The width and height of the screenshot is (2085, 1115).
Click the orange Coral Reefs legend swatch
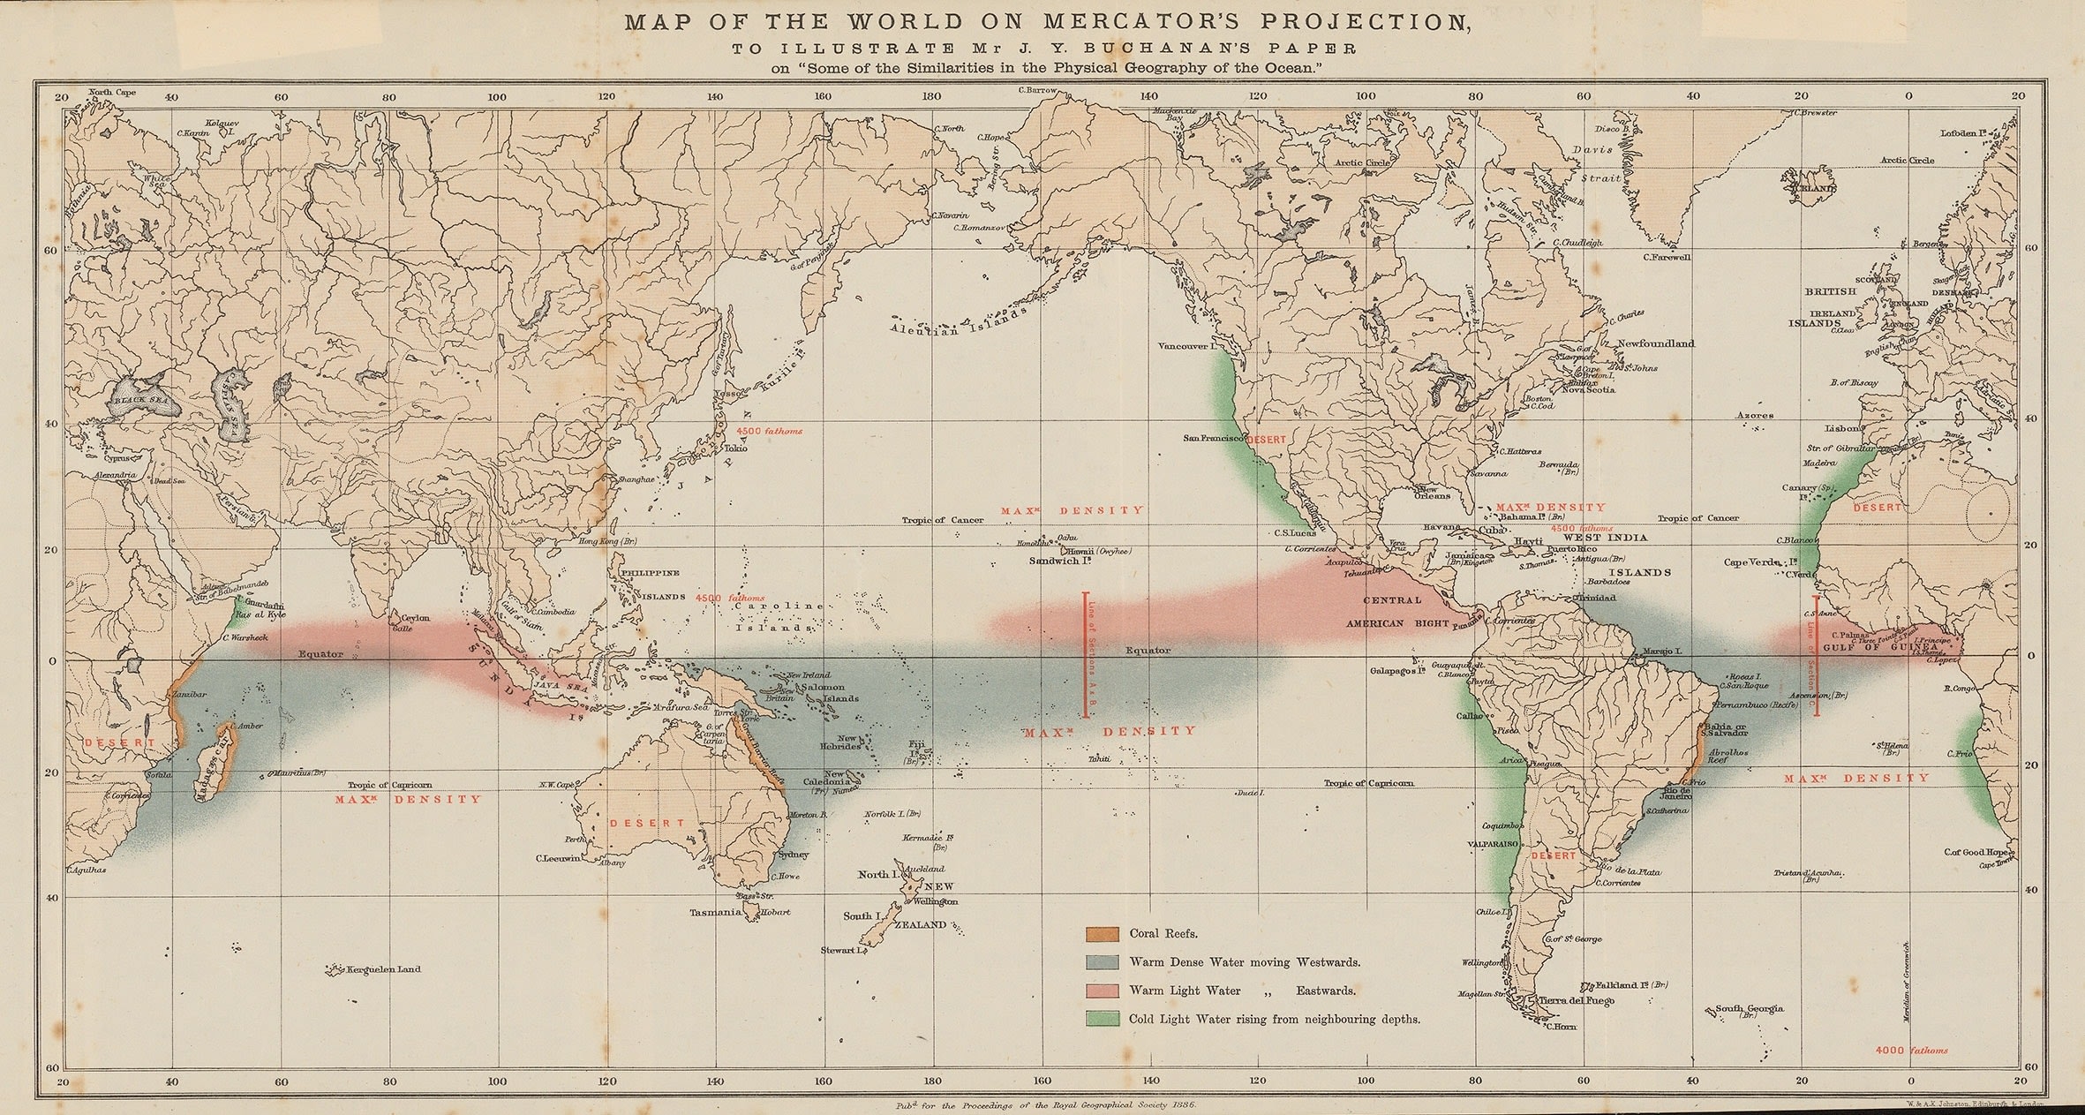point(1103,933)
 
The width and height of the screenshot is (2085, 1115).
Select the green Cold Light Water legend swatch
point(1103,1019)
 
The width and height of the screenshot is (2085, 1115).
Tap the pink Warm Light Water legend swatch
point(1103,991)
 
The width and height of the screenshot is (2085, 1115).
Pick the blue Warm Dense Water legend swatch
point(1103,962)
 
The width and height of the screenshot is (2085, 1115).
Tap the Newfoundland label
point(1654,343)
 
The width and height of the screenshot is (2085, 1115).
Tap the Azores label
point(1753,415)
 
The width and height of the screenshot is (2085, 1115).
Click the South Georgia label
point(1750,1008)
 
